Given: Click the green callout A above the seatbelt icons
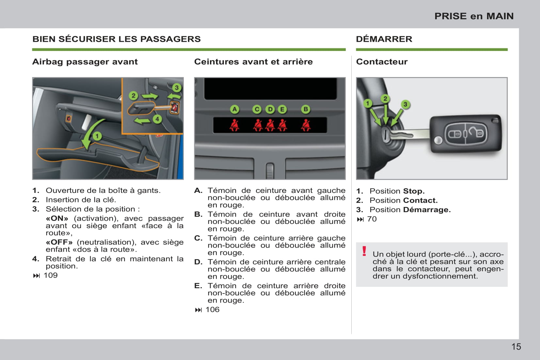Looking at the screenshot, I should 234,109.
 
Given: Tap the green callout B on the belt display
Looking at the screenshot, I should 306,109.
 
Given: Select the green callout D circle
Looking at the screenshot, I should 270,109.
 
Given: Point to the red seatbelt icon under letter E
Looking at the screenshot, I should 282,125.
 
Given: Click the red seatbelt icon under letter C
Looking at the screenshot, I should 258,125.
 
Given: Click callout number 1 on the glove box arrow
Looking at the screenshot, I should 97,136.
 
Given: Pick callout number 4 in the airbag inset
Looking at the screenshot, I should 157,119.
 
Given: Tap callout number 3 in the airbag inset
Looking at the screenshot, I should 177,87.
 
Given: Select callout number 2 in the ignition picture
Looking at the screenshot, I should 385,98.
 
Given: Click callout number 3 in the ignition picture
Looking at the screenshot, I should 405,104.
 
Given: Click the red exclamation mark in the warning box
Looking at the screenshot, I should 364,251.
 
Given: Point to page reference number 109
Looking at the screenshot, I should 51,275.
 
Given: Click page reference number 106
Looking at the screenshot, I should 213,310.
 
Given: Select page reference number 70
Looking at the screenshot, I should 372,219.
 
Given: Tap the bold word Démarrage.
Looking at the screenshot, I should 427,210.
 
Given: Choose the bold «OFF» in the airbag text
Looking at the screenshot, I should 59,242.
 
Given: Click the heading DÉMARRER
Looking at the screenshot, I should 384,39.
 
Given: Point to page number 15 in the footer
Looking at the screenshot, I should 516,347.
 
